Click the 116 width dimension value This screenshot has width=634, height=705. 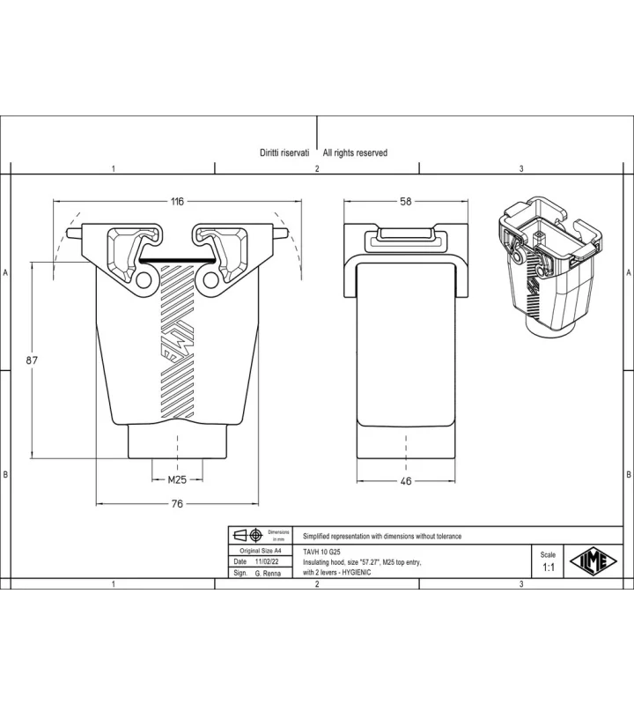click(178, 202)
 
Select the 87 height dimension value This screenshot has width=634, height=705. click(32, 360)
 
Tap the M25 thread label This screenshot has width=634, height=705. click(177, 479)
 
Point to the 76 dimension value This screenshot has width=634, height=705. click(178, 503)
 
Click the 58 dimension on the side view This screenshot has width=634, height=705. click(406, 202)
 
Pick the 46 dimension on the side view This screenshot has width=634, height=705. click(406, 481)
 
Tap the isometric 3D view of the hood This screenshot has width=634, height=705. click(550, 268)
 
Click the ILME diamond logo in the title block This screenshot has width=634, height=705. click(593, 561)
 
